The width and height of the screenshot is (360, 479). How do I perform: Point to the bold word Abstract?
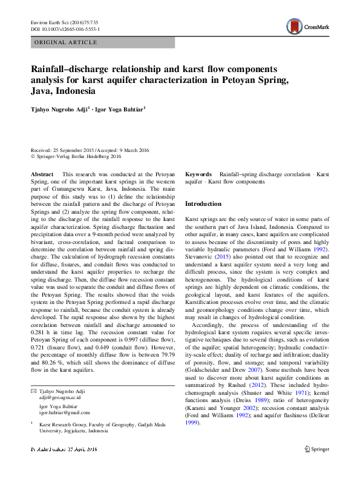click(x=42, y=174)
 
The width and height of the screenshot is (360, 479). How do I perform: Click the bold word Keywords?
click(x=198, y=174)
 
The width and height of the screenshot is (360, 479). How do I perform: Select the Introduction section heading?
click(x=203, y=204)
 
